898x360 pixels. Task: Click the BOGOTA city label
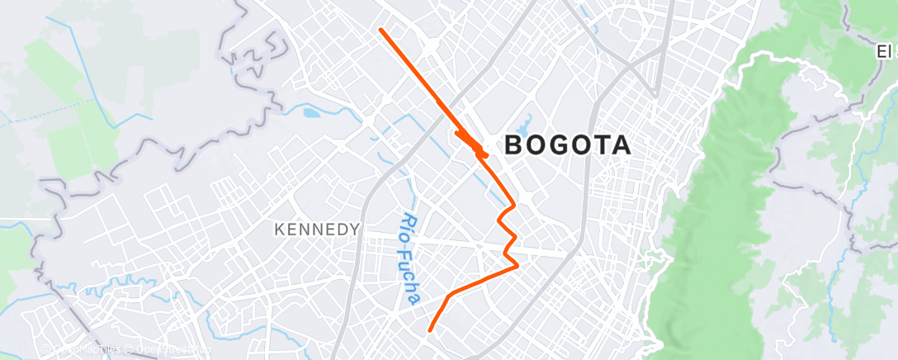point(567,146)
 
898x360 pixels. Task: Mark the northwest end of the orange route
point(380,30)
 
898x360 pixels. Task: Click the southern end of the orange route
point(430,331)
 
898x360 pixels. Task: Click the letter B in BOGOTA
point(513,146)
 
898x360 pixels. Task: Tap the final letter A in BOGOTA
point(622,146)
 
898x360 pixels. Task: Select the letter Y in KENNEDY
point(355,230)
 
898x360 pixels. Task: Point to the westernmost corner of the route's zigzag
point(499,218)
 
